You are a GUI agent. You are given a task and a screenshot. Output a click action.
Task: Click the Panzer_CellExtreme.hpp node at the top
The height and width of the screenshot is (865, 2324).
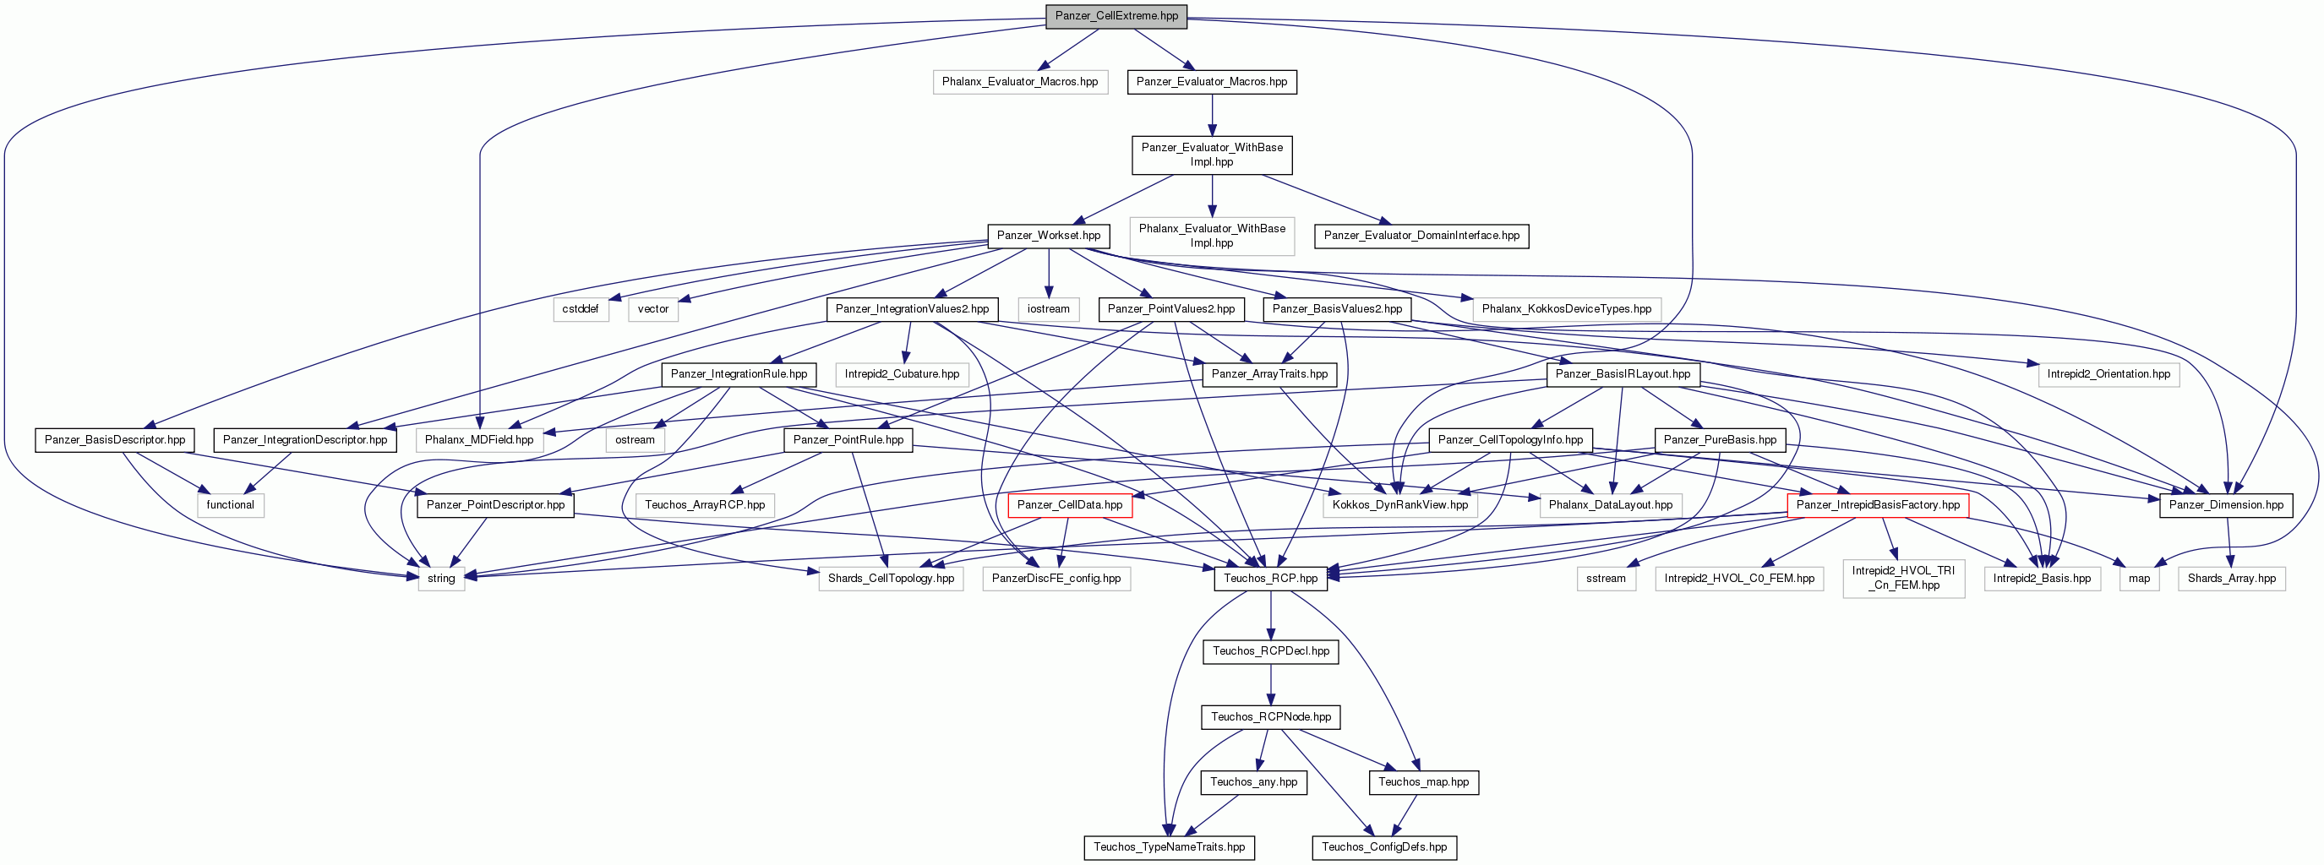click(1116, 16)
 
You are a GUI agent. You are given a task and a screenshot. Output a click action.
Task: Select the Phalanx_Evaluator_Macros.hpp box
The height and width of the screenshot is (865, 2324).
click(1019, 82)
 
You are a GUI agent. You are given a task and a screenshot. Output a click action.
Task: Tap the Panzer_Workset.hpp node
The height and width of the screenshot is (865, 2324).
click(1048, 236)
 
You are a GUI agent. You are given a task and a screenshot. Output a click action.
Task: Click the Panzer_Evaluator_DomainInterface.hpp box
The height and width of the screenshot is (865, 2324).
click(1421, 236)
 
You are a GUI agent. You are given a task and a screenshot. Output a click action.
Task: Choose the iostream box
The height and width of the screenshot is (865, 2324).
click(1048, 308)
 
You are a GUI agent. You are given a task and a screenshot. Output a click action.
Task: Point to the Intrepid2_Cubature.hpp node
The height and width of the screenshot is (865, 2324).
click(903, 373)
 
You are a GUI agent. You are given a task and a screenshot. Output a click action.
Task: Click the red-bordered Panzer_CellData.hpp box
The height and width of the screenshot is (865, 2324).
click(1069, 505)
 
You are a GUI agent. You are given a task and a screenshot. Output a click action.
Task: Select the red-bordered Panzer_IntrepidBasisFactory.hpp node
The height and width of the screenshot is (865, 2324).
click(1878, 505)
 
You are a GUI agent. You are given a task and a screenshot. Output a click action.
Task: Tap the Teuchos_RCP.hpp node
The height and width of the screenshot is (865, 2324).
click(1270, 578)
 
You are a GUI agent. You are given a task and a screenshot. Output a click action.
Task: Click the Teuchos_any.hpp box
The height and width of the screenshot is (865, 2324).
click(1253, 782)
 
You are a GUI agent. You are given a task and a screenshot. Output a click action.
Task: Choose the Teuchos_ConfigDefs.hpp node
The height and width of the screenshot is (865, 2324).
click(1384, 847)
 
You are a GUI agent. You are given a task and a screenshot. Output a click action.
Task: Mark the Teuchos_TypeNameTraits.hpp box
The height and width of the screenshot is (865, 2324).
click(1170, 847)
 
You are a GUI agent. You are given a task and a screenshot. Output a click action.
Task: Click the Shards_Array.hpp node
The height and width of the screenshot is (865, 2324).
click(2231, 578)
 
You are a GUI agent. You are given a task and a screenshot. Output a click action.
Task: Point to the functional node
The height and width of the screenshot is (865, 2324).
click(230, 505)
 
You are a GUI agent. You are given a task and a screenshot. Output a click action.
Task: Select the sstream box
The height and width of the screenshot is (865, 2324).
click(1606, 578)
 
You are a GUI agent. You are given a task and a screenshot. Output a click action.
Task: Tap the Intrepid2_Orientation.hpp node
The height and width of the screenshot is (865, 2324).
click(2109, 373)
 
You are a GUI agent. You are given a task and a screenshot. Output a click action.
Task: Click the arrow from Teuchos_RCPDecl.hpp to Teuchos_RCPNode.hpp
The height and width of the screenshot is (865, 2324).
click(1270, 684)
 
